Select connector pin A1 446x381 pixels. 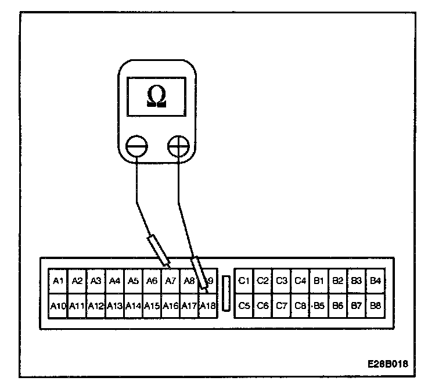click(x=57, y=281)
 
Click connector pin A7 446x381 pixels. click(x=170, y=281)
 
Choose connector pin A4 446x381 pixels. click(x=114, y=281)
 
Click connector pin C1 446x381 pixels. click(x=244, y=281)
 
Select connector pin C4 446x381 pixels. click(x=300, y=281)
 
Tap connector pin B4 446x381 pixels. click(x=375, y=281)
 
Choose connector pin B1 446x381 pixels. click(x=319, y=281)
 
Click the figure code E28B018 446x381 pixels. click(x=387, y=364)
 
